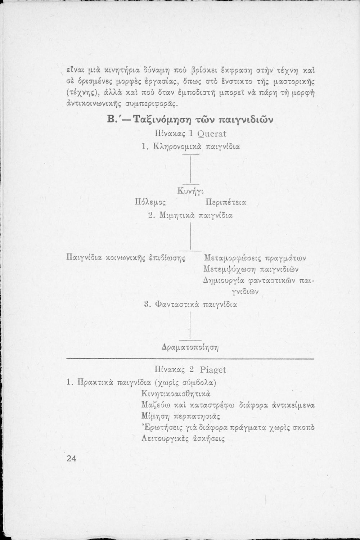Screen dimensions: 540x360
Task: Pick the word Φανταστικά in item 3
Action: click(x=177, y=305)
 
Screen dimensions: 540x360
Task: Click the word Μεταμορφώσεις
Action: click(x=233, y=258)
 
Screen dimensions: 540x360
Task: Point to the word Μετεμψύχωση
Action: click(x=230, y=270)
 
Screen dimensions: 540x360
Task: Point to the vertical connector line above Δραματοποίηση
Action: click(x=190, y=325)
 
